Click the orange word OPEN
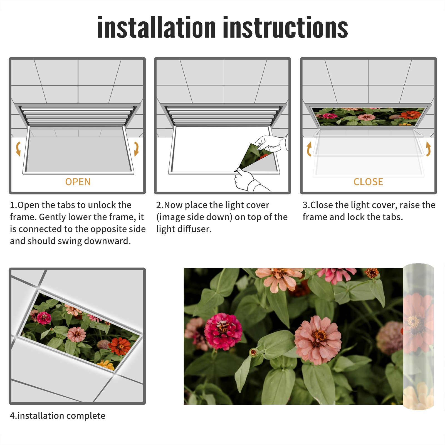coord(78,182)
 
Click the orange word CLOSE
coord(368,182)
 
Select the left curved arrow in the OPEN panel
coord(18,149)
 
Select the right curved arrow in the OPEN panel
coord(136,149)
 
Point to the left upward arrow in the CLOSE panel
coord(309,149)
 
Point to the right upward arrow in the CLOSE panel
coord(429,149)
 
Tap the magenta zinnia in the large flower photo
coord(223,331)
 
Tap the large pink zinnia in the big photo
coord(318,340)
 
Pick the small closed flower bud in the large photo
coord(253,352)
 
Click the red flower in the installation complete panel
coord(120,346)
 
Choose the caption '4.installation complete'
coord(58,416)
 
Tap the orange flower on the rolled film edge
coord(417,323)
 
